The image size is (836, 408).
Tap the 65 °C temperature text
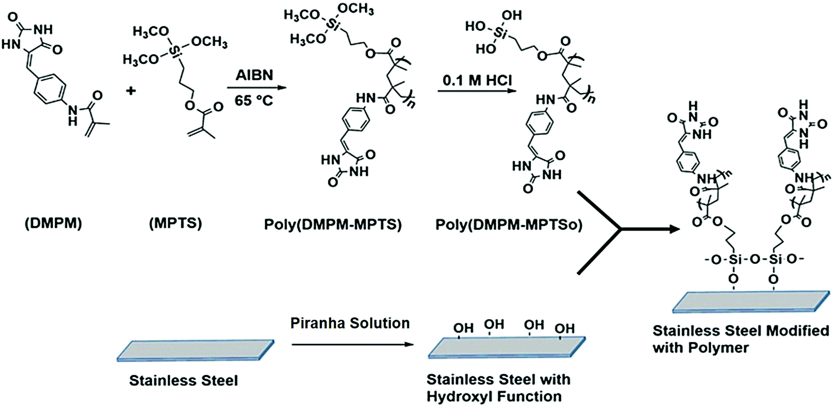click(254, 101)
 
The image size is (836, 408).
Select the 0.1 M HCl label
click(477, 80)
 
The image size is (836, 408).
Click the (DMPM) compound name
click(53, 224)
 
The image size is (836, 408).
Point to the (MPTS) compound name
click(176, 224)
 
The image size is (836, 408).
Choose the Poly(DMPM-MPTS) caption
click(333, 224)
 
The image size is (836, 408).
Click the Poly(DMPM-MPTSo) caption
click(509, 224)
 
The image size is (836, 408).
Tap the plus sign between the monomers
click(131, 91)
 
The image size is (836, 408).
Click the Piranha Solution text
click(350, 323)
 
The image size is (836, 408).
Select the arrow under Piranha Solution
click(352, 344)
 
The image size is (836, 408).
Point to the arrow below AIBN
click(256, 87)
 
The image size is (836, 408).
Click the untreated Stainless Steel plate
click(195, 350)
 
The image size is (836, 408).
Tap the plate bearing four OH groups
click(506, 348)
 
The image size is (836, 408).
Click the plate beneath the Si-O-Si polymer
click(751, 302)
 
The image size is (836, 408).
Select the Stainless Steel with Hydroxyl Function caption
click(498, 388)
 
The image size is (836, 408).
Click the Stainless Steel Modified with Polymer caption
click(740, 339)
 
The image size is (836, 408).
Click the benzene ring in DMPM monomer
click(50, 91)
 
